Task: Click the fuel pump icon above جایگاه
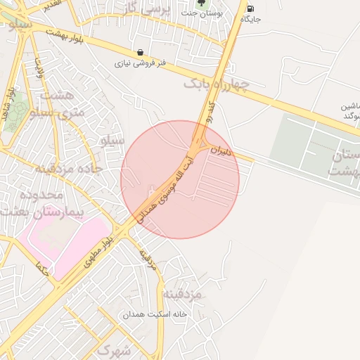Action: pyautogui.click(x=251, y=8)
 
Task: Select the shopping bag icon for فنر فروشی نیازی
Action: pyautogui.click(x=141, y=52)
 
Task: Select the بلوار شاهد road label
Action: pyautogui.click(x=10, y=105)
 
